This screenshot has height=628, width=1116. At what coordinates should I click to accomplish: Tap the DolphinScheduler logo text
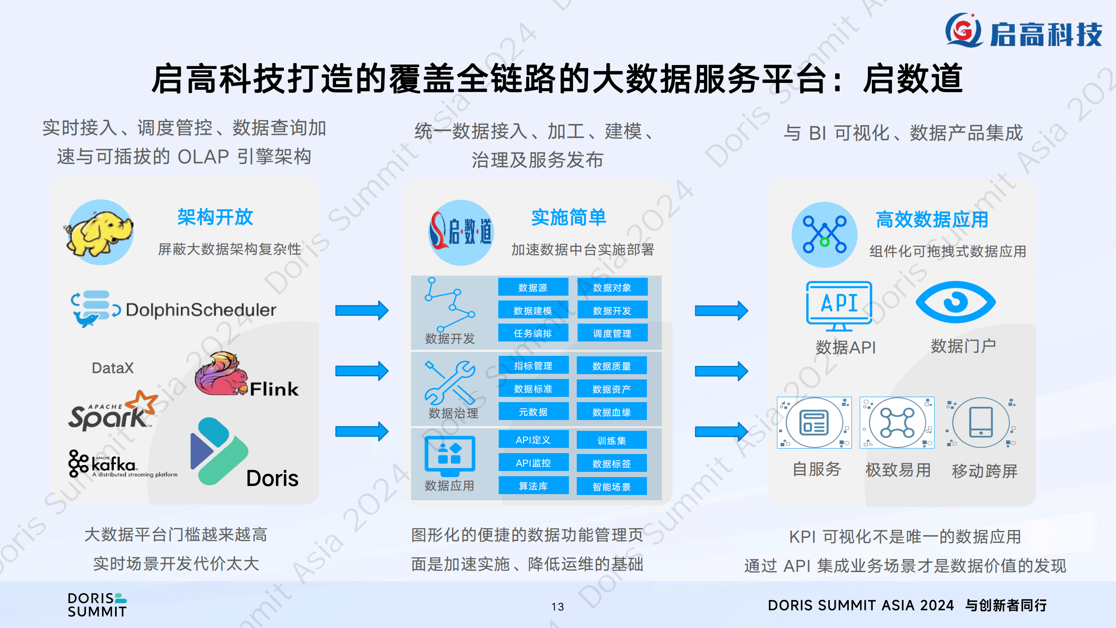pos(201,310)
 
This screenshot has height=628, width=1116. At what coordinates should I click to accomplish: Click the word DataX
pos(112,368)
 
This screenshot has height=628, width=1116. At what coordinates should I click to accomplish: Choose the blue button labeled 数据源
pos(533,287)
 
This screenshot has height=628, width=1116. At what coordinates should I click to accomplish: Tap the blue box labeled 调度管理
pos(612,333)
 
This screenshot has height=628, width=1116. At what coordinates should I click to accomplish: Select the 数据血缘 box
pos(612,412)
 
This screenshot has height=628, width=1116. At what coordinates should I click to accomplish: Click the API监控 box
pos(533,463)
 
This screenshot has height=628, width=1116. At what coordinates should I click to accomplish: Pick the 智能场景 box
pos(612,487)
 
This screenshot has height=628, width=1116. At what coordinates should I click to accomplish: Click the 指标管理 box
pos(533,365)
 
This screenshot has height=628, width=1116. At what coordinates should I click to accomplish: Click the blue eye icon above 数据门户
pos(956,302)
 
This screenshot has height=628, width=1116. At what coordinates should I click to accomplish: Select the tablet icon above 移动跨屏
pos(981,422)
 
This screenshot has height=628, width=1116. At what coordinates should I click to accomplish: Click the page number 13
pos(558,607)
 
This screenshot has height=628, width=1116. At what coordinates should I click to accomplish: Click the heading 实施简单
pos(568,217)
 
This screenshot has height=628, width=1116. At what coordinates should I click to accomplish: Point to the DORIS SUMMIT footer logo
pos(97,605)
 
